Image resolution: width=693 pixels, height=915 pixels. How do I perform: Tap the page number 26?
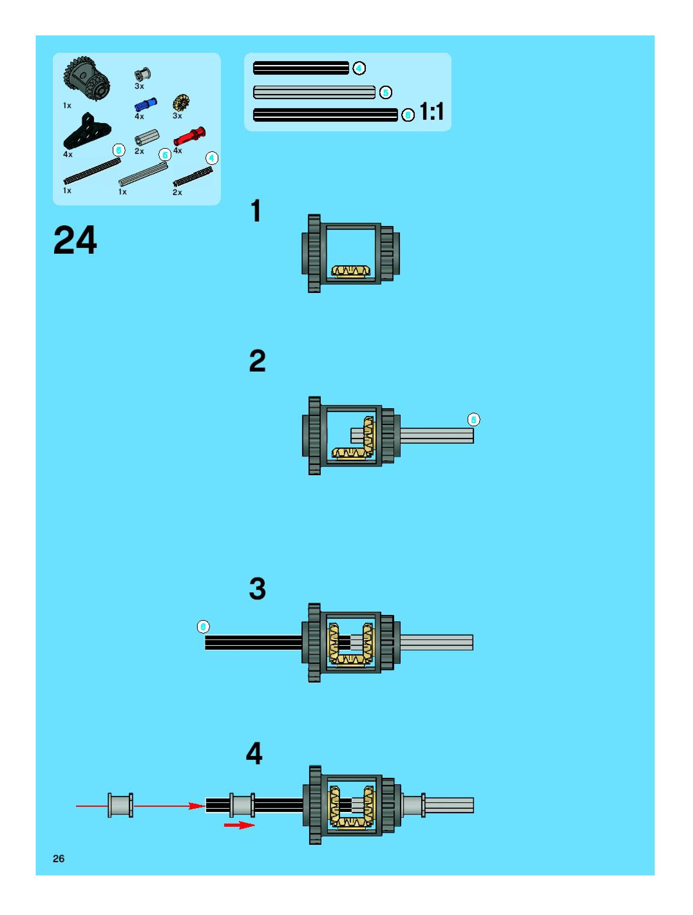click(59, 859)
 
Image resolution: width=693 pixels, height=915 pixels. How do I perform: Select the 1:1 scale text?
click(432, 112)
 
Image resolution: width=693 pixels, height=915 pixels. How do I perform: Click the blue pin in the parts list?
click(146, 105)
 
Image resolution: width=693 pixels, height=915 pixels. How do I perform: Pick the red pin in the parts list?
click(189, 135)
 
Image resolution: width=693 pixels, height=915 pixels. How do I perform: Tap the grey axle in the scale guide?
click(314, 92)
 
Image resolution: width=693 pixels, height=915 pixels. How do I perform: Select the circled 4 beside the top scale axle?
click(359, 68)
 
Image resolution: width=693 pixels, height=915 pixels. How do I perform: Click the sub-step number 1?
click(256, 211)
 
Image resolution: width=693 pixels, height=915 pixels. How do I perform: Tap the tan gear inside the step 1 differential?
click(350, 271)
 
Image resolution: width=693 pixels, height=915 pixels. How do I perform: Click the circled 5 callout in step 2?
click(474, 420)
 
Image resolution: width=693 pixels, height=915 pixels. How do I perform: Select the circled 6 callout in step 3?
click(203, 627)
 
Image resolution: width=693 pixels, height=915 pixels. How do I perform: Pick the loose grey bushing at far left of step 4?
click(120, 806)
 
